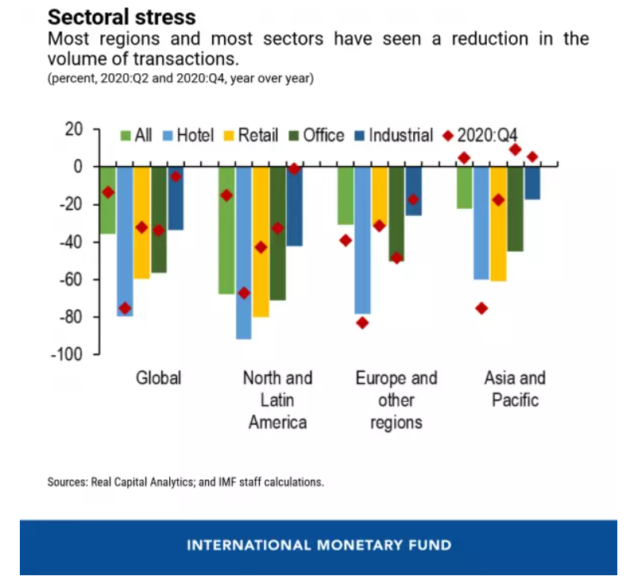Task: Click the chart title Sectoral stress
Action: tap(121, 16)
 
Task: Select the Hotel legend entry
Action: tap(187, 135)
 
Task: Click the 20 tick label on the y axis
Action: tap(72, 129)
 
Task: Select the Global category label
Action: tap(158, 378)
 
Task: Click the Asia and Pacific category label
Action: tap(515, 389)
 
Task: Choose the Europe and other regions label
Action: tap(396, 400)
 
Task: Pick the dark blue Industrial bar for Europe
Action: tap(413, 191)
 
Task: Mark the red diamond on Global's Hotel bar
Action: tap(125, 307)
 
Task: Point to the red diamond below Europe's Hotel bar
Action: tap(362, 323)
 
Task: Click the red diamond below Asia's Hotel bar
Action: tap(481, 308)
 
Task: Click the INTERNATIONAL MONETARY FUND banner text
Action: tap(318, 546)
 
